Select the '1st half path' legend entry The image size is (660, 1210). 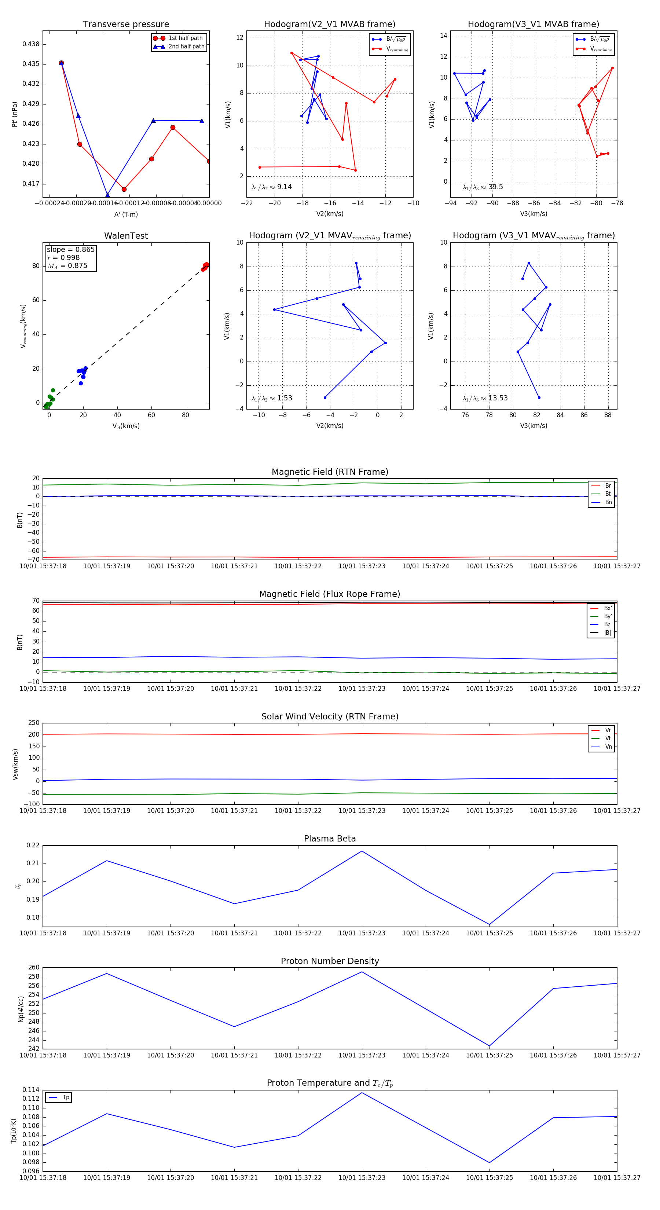(x=186, y=38)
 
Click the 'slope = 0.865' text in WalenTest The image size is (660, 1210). (x=70, y=249)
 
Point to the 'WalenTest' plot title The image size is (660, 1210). (x=126, y=236)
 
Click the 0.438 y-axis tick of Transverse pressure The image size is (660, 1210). (x=31, y=44)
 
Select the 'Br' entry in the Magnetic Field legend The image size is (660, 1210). (x=608, y=486)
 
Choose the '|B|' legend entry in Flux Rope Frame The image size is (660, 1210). (x=608, y=633)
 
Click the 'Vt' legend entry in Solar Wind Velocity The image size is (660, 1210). (x=608, y=738)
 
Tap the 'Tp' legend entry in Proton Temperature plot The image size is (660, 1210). (x=66, y=1098)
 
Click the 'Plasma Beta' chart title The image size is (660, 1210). (x=330, y=839)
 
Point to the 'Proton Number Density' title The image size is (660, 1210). (x=330, y=961)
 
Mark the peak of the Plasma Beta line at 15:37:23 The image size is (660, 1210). (x=362, y=851)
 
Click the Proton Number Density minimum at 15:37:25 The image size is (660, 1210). (x=489, y=1046)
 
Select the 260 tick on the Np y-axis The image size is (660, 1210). (x=34, y=967)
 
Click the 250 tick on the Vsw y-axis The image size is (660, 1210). (x=34, y=723)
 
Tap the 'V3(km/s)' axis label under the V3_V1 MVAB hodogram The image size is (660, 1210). (x=533, y=214)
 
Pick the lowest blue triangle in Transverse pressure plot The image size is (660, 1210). (x=107, y=195)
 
